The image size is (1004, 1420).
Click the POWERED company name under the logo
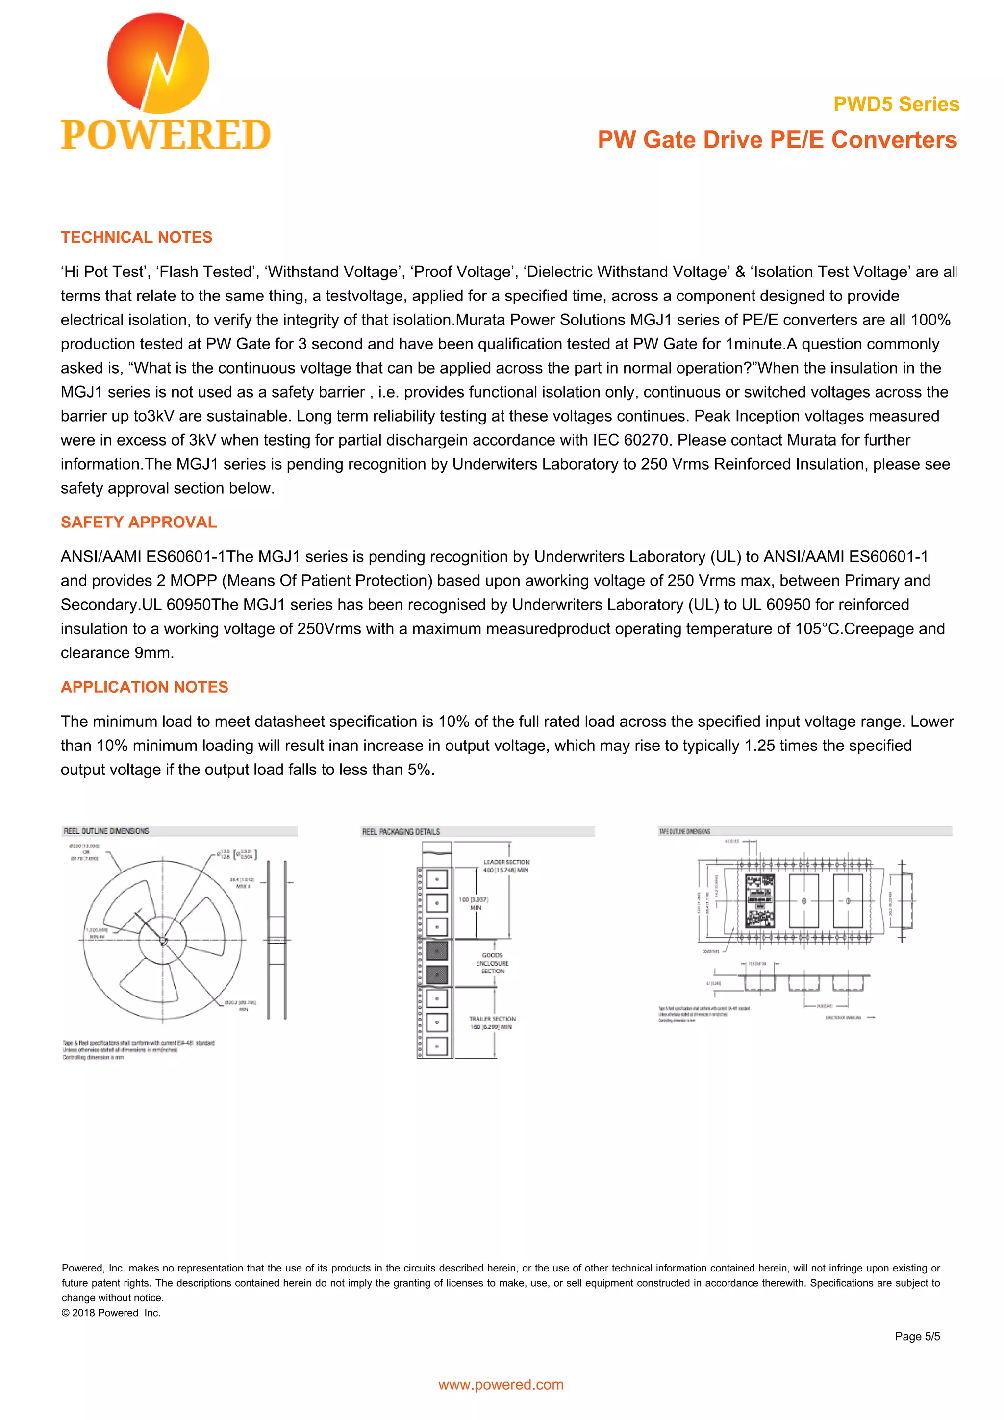165,135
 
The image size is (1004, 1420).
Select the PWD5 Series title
896,104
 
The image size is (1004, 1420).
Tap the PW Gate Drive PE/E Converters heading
777,140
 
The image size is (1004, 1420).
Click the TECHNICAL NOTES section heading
136,238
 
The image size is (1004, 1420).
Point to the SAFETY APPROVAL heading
139,522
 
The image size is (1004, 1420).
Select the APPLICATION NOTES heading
144,687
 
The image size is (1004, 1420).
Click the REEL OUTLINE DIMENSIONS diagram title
106,831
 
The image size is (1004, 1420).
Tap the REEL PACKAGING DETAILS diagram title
401,832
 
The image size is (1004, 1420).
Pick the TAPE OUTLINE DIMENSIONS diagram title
684,832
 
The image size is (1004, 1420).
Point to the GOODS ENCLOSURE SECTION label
492,963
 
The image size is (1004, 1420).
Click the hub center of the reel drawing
163,941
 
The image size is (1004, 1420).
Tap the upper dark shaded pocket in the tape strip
437,950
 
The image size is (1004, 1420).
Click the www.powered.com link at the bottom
501,1385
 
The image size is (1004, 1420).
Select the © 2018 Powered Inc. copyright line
111,1312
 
